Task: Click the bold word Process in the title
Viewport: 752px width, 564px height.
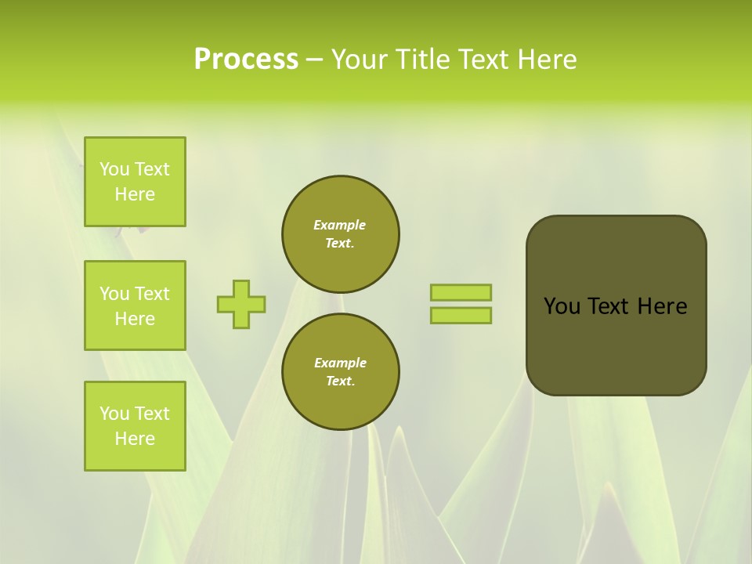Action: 246,60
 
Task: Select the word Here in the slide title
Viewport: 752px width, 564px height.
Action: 546,60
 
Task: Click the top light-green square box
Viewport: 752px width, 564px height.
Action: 135,182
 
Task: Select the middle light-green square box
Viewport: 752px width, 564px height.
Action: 135,305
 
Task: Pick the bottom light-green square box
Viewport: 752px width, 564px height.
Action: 135,426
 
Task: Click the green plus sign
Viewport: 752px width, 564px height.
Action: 241,304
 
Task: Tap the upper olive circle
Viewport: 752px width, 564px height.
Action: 341,233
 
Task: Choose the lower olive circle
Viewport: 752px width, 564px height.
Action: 341,371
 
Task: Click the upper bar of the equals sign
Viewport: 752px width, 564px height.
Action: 461,292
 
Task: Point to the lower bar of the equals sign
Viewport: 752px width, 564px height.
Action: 461,316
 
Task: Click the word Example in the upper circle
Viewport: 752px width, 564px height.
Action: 340,225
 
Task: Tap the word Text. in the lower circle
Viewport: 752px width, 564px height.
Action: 340,381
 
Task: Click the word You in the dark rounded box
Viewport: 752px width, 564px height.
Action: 562,306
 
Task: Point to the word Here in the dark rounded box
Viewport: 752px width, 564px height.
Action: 662,306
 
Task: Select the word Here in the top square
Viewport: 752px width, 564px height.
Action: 135,194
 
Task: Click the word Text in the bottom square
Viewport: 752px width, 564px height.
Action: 152,414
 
